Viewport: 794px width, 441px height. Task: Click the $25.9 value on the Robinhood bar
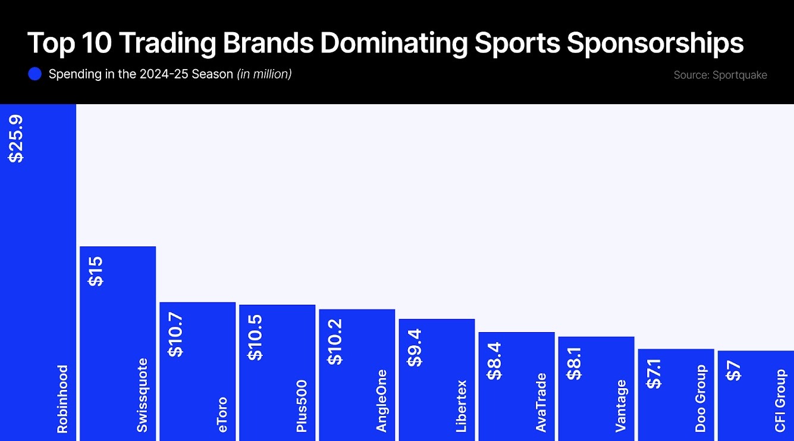(x=15, y=139)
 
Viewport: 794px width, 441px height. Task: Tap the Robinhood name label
(x=62, y=399)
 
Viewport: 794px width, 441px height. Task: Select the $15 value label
(x=96, y=271)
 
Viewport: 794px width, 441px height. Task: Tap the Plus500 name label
(x=302, y=405)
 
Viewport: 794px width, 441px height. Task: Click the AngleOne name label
(x=381, y=401)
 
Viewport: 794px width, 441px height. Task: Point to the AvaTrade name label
(x=541, y=402)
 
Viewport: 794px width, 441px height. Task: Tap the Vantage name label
(x=620, y=405)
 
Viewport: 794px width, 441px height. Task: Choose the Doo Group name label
(x=700, y=398)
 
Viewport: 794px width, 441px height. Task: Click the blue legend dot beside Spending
(x=34, y=74)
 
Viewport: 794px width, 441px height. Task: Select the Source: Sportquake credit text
(x=720, y=75)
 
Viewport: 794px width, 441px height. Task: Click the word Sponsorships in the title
(x=655, y=43)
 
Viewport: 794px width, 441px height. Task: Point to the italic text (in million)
(x=264, y=74)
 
